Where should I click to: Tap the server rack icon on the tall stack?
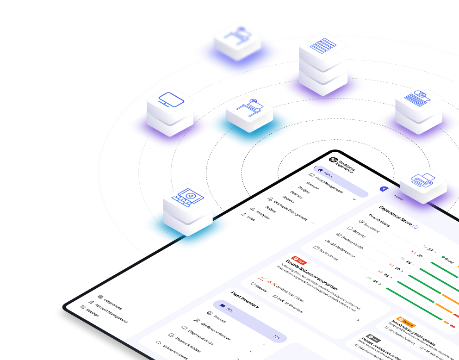pos(323,49)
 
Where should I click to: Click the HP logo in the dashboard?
pos(332,160)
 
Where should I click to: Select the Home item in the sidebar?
pos(328,174)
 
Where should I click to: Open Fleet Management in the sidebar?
pos(328,184)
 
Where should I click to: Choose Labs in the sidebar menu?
pos(251,217)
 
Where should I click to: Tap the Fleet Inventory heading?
pos(245,300)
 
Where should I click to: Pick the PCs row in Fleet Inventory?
pos(250,319)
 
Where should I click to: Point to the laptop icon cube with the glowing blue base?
pos(187,199)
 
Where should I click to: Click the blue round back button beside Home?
pos(384,189)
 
